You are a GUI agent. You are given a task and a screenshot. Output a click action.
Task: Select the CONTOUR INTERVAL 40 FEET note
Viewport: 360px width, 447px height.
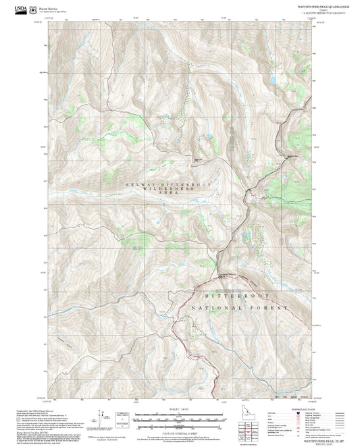(179, 431)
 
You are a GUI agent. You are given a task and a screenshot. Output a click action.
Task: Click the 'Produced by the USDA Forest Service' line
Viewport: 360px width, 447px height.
(35, 409)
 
